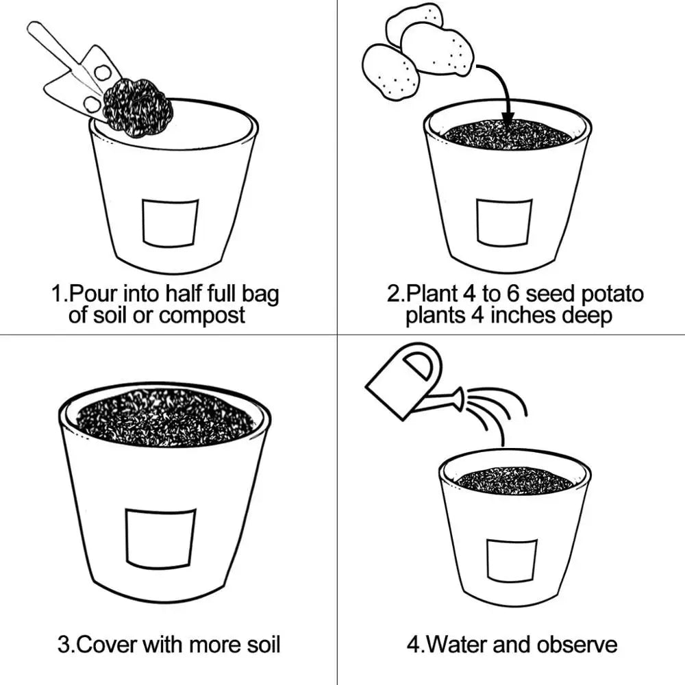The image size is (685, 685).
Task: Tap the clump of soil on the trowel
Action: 138,107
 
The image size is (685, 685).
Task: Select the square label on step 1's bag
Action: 170,223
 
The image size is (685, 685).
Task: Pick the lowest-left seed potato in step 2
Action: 391,72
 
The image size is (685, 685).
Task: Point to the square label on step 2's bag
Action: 505,223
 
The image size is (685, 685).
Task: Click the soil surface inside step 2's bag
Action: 507,134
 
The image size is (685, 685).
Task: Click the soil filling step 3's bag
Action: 165,417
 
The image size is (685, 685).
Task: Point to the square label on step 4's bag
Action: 512,561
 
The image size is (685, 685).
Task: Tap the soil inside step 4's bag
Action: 514,481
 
